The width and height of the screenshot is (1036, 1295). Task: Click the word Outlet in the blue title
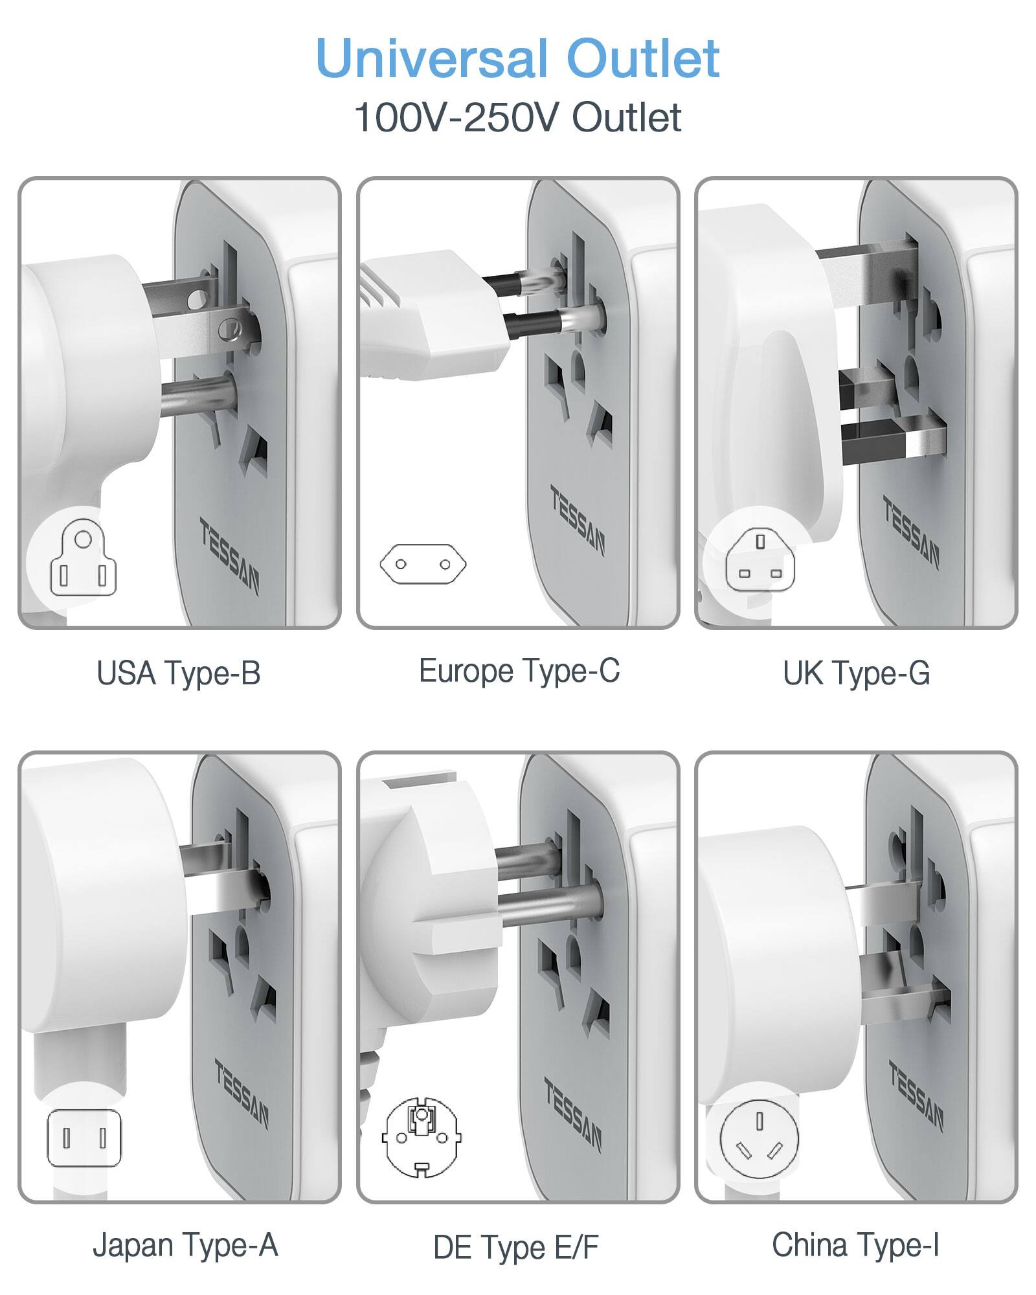(x=642, y=59)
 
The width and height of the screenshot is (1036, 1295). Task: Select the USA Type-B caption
(x=179, y=673)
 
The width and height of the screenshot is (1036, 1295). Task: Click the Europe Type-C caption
(x=519, y=671)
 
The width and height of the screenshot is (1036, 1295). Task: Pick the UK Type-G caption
(x=856, y=673)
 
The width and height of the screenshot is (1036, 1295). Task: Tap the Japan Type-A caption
(x=185, y=1245)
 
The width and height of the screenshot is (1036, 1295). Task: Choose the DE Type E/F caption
(x=516, y=1248)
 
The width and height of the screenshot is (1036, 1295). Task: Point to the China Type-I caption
(x=855, y=1245)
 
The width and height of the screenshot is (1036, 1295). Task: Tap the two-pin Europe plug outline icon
(x=423, y=563)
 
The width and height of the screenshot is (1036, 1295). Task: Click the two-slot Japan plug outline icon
(x=84, y=1138)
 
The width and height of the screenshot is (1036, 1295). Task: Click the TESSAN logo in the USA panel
(x=229, y=556)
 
